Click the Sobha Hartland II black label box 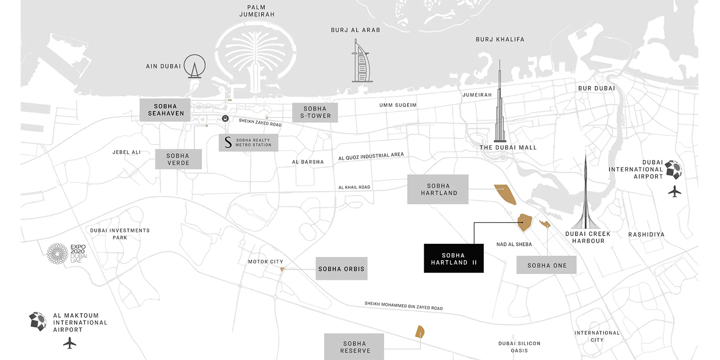point(454,258)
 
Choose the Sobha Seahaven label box point(165,110)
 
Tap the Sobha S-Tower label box point(315,113)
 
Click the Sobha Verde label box point(178,159)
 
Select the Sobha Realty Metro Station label point(248,142)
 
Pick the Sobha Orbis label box point(341,269)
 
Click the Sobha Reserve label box point(354,347)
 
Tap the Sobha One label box point(546,265)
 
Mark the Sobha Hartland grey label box point(438,189)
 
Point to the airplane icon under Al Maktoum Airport point(69,343)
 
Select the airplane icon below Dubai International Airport point(674,192)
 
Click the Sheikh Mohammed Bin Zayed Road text point(404,306)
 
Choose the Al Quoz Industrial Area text point(371,156)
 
